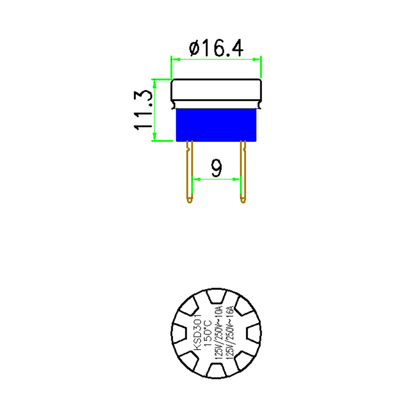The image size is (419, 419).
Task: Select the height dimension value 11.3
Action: (x=144, y=110)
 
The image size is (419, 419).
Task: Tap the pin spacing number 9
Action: (x=216, y=168)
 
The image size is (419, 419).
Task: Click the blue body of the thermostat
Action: (x=216, y=125)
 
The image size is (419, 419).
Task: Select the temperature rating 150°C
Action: (x=207, y=332)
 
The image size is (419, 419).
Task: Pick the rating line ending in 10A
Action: (x=219, y=332)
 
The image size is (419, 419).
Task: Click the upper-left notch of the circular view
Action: (x=190, y=308)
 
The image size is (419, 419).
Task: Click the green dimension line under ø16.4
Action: (x=216, y=60)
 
